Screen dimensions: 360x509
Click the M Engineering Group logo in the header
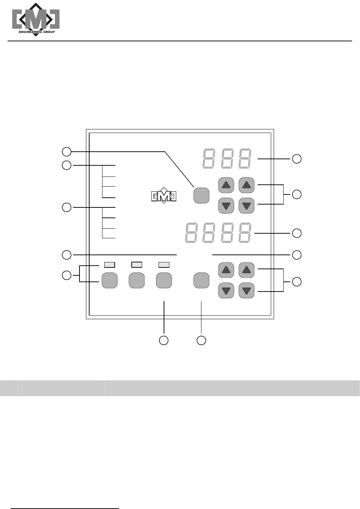[x=36, y=19]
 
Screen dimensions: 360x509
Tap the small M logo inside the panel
[x=164, y=196]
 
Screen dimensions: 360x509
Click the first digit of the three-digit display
[x=209, y=159]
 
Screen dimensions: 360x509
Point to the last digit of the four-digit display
[x=245, y=233]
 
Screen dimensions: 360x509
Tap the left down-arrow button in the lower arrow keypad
[x=226, y=290]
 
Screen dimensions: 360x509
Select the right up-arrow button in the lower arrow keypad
[x=246, y=270]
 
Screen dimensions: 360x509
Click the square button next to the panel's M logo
[x=201, y=195]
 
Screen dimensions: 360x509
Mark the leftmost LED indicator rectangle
[x=110, y=265]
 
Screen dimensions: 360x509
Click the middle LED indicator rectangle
[x=137, y=265]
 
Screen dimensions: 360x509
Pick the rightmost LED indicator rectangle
[x=164, y=265]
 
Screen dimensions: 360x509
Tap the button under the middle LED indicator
[x=137, y=280]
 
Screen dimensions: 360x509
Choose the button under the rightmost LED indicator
[x=164, y=280]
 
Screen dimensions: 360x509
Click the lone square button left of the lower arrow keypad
[x=201, y=280]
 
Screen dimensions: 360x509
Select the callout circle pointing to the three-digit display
[x=297, y=159]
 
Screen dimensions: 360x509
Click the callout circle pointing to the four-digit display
[x=297, y=233]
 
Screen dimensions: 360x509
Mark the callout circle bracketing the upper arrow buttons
[x=297, y=194]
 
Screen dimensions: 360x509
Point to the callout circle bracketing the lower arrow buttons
[x=297, y=281]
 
